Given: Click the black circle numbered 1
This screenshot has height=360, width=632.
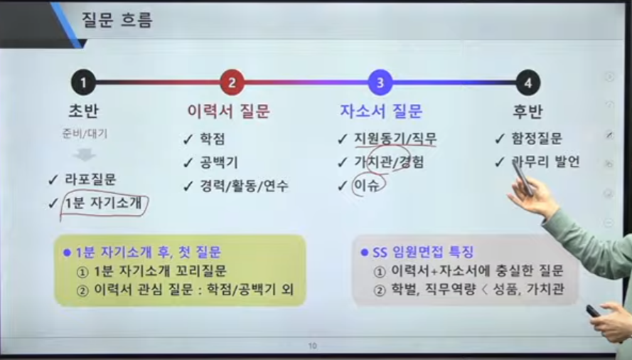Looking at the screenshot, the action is [x=83, y=83].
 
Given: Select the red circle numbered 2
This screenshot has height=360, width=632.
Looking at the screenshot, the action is [x=232, y=83].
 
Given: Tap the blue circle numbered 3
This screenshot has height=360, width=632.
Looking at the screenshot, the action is [x=380, y=83].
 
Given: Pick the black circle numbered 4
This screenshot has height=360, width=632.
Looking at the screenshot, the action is [x=528, y=83].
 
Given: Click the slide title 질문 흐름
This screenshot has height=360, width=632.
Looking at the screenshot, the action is [x=117, y=20].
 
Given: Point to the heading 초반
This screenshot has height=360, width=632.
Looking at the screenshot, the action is [x=83, y=111].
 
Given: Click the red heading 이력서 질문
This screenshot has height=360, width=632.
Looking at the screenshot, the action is [x=228, y=111].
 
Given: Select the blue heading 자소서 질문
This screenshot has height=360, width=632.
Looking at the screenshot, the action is [x=381, y=111].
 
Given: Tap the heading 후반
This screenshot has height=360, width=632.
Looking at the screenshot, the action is [x=528, y=111].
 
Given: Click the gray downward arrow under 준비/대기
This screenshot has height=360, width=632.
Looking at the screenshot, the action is [x=84, y=154].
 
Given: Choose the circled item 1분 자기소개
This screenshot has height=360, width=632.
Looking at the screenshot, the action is [x=104, y=203].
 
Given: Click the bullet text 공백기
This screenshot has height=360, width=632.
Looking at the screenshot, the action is [x=219, y=162].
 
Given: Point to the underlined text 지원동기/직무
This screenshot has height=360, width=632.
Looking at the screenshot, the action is [x=395, y=139].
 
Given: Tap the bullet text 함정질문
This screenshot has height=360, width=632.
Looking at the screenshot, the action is [x=537, y=139].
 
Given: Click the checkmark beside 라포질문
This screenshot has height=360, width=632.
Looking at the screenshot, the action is [x=53, y=179].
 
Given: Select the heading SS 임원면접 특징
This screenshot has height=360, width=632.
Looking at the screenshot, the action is [x=423, y=253].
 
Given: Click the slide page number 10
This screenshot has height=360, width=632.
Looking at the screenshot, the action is [x=312, y=346].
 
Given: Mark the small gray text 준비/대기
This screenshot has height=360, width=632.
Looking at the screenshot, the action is [x=85, y=133].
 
